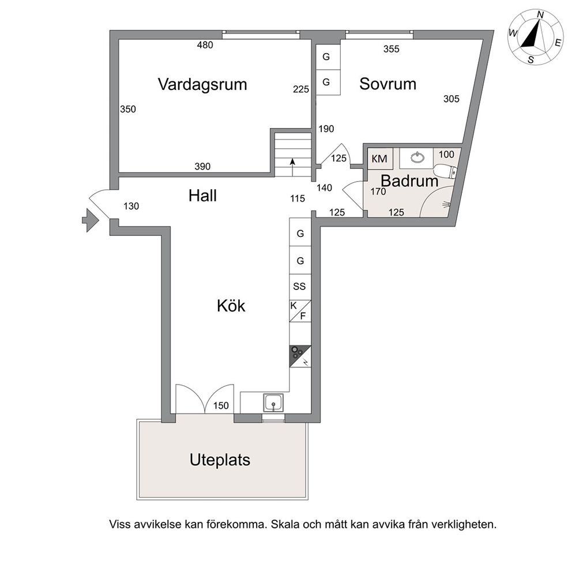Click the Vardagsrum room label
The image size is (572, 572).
[202, 85]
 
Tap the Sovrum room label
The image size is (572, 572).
[388, 84]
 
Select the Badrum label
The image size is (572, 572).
[409, 181]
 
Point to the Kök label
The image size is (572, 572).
[231, 306]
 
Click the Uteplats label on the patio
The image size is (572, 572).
[220, 460]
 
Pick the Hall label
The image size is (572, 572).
[202, 196]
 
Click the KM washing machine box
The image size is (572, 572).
[380, 159]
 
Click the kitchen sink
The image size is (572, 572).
[273, 403]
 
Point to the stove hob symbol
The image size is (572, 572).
[300, 356]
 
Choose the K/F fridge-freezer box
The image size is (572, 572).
[300, 311]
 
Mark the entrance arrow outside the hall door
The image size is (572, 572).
[91, 220]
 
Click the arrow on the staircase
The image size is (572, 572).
[292, 167]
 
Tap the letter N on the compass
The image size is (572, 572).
[541, 15]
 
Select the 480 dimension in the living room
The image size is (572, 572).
[205, 45]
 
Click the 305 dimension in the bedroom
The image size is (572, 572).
[451, 99]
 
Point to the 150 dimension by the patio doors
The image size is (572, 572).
[221, 406]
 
